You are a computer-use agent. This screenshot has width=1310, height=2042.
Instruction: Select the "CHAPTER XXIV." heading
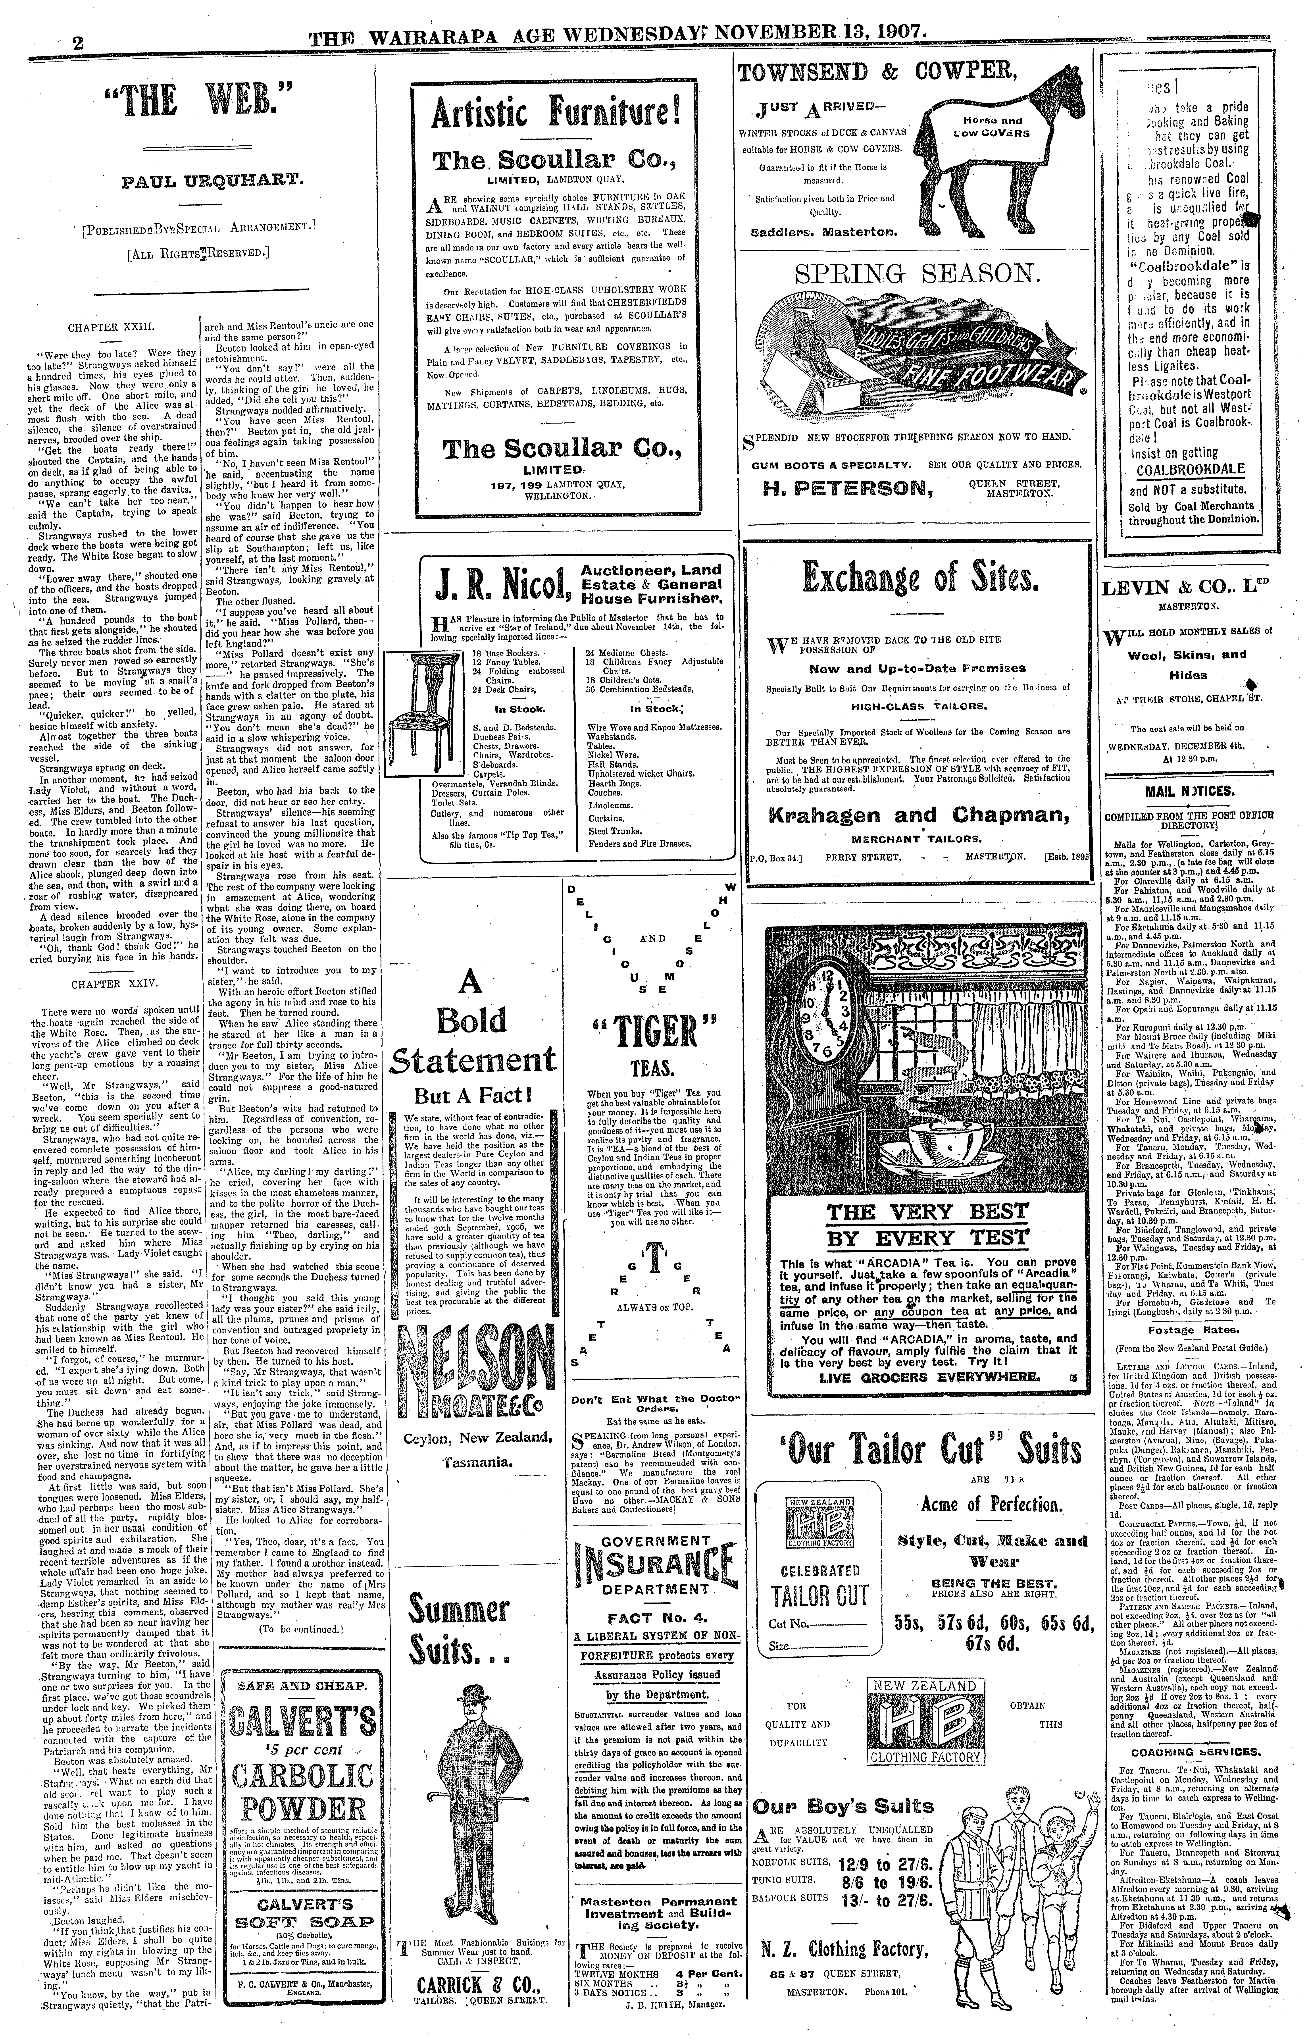point(106,984)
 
